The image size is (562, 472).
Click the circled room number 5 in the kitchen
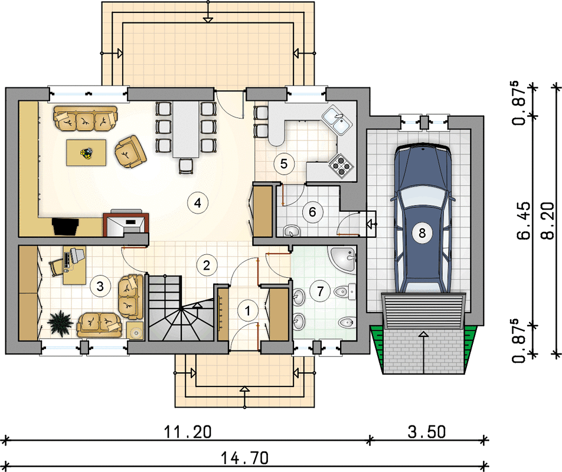tap(284, 163)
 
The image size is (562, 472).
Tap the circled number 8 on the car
tap(422, 233)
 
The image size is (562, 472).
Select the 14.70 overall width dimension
tap(244, 458)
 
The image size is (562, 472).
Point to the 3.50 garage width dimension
tap(426, 432)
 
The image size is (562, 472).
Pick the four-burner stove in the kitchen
tap(340, 165)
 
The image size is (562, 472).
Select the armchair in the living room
tap(130, 152)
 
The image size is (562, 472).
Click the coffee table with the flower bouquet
tap(86, 153)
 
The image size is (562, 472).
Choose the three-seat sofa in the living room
tap(86, 119)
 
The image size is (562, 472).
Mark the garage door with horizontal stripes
tap(423, 311)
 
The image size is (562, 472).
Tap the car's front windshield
tap(422, 196)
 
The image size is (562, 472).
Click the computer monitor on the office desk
tap(77, 255)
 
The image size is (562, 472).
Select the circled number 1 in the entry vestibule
tap(247, 310)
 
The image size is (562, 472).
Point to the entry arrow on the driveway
tap(423, 352)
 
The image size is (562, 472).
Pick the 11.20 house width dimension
tap(188, 432)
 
